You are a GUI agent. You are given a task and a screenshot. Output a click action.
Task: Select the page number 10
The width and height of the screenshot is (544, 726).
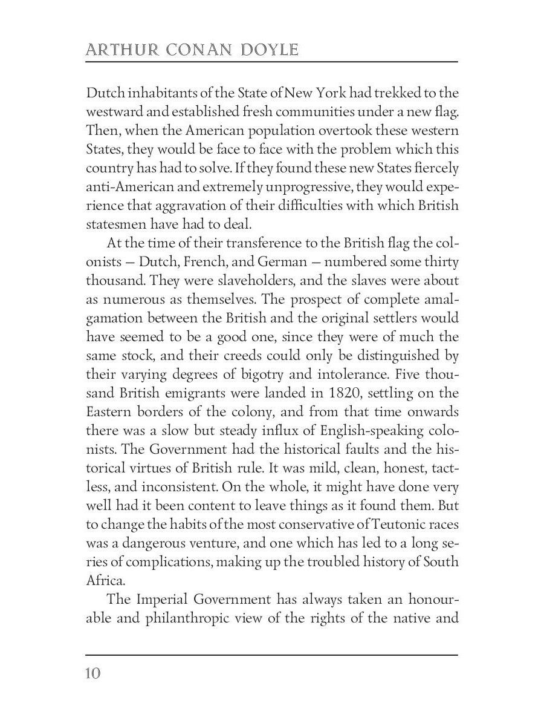(93, 673)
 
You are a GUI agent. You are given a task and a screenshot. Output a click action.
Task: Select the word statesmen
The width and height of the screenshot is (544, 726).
(115, 224)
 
